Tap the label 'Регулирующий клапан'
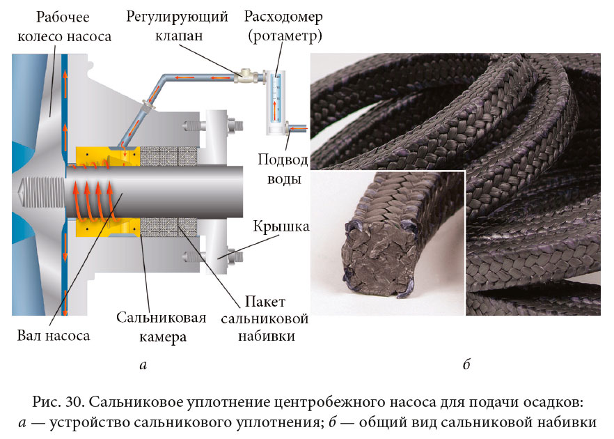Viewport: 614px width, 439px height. [x=177, y=25]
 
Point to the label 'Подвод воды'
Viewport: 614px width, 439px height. [x=283, y=169]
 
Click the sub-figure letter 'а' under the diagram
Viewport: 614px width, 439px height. [x=143, y=364]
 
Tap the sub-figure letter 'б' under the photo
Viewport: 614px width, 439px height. [x=466, y=364]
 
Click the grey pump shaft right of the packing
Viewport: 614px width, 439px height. [x=223, y=192]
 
